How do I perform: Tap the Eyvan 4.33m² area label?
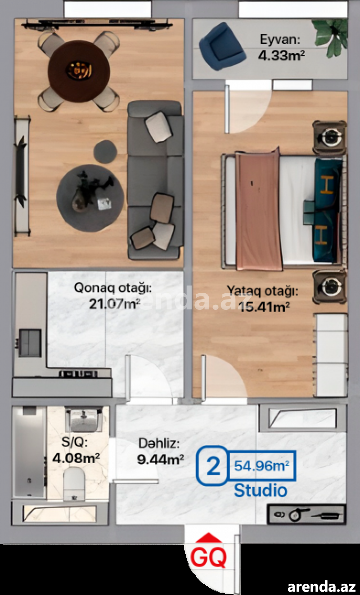pos(281,48)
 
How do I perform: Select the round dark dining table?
pos(79,71)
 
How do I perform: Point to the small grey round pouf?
pos(105,152)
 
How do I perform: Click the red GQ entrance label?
pos(208,557)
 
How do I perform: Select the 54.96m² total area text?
pos(261,466)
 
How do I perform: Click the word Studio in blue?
pos(261,490)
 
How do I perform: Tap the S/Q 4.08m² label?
pos(76,450)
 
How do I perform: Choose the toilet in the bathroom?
pos(74,484)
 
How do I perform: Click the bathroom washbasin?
pos(84,420)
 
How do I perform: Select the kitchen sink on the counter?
pos(30,343)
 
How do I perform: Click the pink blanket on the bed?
pos(258,210)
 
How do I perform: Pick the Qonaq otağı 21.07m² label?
pos(113,295)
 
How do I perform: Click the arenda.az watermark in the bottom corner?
pos(321,586)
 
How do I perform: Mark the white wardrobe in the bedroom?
pos(331,355)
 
